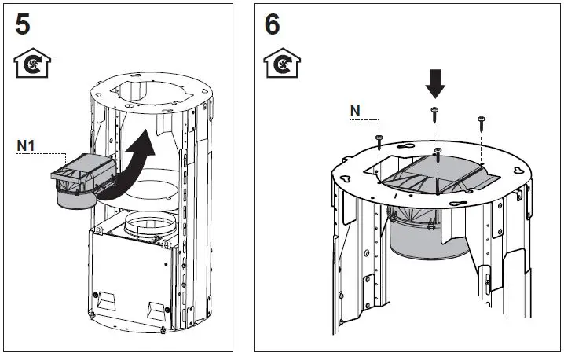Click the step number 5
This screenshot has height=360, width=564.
pos(24,24)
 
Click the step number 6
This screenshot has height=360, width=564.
pos(272,24)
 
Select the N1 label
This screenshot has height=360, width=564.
pos(26,145)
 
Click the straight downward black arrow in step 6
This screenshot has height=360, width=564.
pos(434,83)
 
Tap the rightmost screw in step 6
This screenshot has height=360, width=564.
pos(481,123)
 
